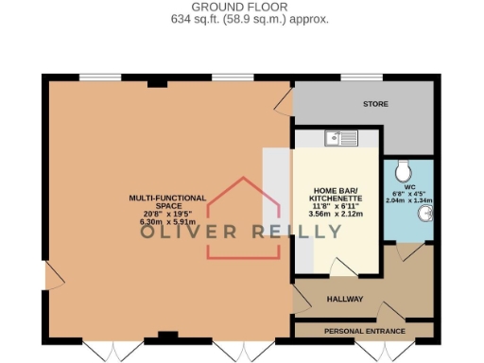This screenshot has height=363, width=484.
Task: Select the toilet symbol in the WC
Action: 406,170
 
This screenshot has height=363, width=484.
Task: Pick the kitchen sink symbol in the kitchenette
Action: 339,139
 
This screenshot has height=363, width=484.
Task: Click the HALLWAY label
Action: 345,299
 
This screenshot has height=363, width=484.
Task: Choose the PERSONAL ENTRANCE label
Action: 364,331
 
